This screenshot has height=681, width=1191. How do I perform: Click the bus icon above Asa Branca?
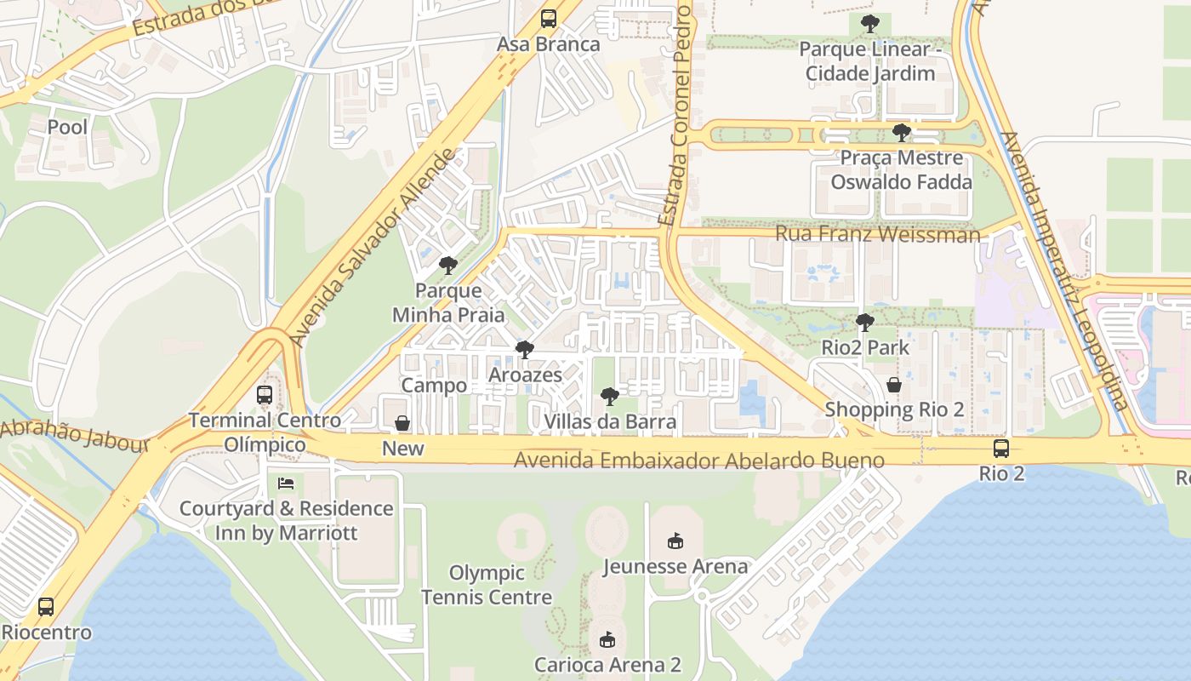549,19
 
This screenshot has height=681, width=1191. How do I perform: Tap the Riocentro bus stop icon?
46,607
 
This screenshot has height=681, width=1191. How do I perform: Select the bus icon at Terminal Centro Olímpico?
265,395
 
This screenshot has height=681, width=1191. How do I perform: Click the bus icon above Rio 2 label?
1001,449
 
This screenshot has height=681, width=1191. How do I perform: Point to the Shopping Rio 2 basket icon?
894,385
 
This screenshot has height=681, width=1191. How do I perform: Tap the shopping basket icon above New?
402,423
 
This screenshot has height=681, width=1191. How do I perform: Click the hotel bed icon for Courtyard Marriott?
287,484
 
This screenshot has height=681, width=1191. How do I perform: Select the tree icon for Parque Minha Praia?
448,266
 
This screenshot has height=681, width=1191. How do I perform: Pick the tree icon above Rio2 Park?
865,323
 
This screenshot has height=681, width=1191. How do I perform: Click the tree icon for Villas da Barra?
609,396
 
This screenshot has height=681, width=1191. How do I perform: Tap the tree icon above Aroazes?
525,350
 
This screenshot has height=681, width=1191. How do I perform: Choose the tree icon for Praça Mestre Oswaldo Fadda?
901,133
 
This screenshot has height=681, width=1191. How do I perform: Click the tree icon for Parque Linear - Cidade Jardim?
869,24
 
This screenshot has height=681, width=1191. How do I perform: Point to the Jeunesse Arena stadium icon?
675,541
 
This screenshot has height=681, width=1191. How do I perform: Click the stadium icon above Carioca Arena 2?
607,639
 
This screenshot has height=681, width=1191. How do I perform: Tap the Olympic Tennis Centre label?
487,585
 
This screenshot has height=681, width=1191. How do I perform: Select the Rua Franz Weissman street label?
877,234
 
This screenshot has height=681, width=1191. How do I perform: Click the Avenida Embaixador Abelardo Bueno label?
699,461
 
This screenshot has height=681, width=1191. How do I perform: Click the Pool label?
67,127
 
